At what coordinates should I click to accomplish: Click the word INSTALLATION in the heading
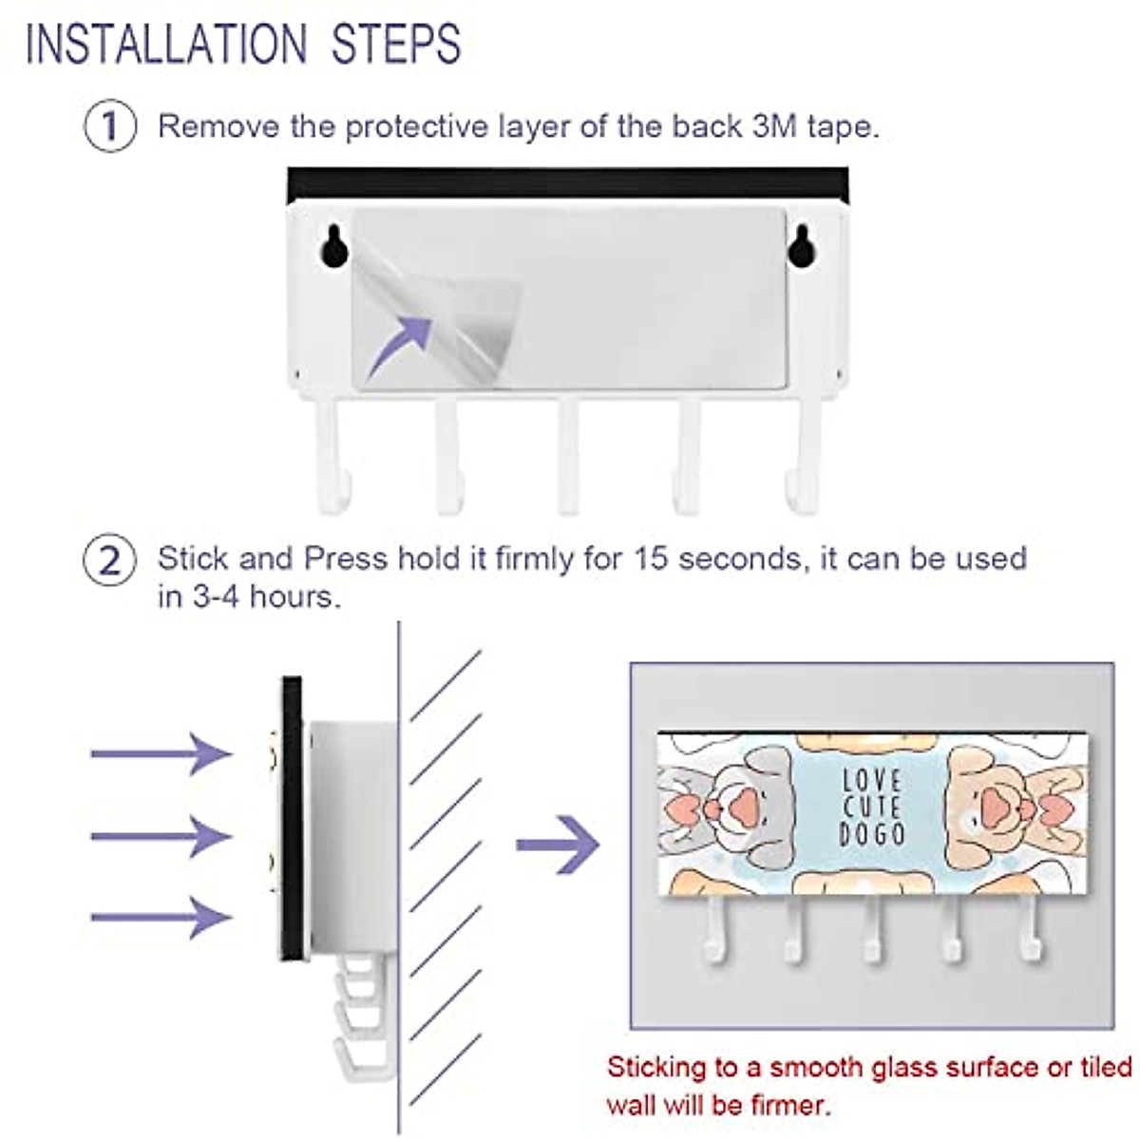tap(166, 44)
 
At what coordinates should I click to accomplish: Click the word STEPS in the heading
tap(396, 44)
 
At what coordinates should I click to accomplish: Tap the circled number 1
tap(110, 126)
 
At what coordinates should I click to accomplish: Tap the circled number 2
tap(110, 560)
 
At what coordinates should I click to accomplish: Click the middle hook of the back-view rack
tap(568, 461)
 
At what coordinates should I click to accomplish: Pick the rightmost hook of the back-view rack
tap(804, 461)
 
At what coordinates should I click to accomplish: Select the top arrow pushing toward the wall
tap(161, 753)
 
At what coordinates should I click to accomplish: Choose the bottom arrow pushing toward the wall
tap(161, 917)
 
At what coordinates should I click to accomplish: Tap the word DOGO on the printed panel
tap(872, 835)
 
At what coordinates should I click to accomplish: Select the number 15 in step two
tap(651, 558)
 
